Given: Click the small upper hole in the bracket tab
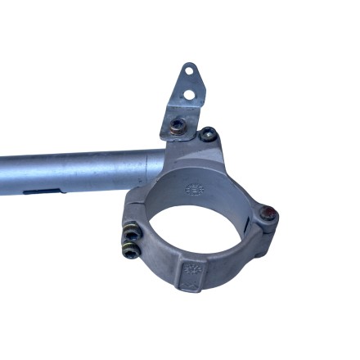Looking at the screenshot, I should tap(187, 71).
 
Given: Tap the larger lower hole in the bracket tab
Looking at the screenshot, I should tap(189, 94).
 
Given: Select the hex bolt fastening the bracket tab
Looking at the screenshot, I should tap(177, 125).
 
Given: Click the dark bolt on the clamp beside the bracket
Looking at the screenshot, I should tap(209, 133).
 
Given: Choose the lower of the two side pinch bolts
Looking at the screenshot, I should tap(130, 251).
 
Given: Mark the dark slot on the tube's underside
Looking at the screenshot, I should tap(41, 191).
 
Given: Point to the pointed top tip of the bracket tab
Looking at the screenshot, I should tap(187, 64).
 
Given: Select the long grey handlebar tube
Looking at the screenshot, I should tap(74, 170).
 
